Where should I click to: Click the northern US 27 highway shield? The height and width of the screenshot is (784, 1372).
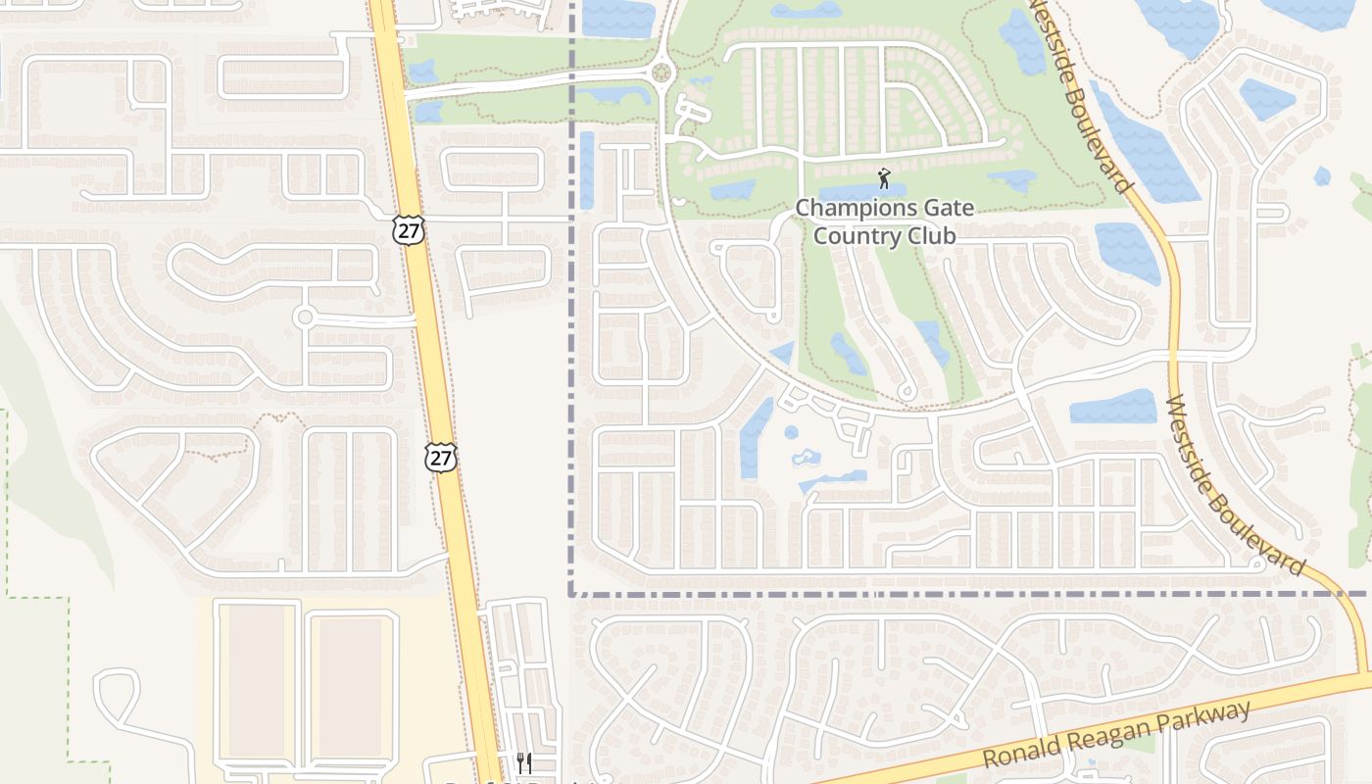point(409,230)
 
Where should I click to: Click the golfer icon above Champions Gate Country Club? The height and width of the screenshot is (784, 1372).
point(884,178)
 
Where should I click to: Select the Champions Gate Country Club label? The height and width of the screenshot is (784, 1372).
point(884,221)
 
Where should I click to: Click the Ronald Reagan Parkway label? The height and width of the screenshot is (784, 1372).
point(1117,734)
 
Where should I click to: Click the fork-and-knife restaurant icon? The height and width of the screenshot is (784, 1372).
point(524,761)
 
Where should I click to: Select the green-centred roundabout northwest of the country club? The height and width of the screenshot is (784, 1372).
point(661,73)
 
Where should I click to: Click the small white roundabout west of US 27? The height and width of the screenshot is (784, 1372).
point(305,317)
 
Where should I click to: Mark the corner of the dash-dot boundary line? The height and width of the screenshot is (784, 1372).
point(571,593)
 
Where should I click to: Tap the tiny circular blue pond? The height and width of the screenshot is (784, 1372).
point(791,432)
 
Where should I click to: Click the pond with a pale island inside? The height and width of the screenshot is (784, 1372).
point(807,457)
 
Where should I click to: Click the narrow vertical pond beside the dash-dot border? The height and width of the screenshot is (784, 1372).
point(586,170)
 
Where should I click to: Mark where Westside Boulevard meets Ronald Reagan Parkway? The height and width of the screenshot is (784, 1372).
point(1364,675)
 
